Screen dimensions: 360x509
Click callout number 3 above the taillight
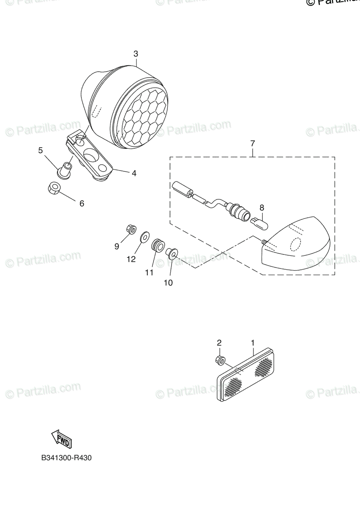[135, 54]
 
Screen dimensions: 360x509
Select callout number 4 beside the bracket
[134, 173]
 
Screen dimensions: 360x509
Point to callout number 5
[41, 150]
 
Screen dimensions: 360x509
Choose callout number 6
[82, 203]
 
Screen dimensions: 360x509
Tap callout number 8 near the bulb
[262, 207]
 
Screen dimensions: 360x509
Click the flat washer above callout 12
[144, 235]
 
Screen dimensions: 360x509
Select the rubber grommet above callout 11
[157, 245]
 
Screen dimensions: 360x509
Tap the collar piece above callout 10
[172, 252]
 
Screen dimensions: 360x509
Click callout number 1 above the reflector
[253, 342]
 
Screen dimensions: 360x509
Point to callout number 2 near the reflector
[219, 342]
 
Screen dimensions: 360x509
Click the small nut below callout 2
[220, 361]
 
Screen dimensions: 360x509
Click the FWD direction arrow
[61, 439]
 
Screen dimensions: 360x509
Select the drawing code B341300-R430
[66, 458]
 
